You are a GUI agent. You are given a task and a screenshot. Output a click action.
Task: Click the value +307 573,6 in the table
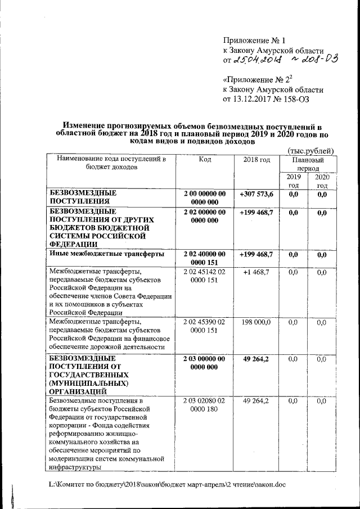pos(256,194)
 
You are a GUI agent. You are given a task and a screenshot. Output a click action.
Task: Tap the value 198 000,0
pos(256,322)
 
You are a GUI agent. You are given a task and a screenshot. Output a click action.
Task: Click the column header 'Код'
pos(205,159)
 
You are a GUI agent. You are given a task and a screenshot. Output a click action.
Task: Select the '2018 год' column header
pos(256,159)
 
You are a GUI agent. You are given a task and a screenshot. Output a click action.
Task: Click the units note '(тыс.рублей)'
pos(310,150)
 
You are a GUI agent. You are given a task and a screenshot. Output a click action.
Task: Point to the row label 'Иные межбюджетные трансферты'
pos(107,254)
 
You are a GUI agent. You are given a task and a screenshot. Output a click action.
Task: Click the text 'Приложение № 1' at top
pos(255,40)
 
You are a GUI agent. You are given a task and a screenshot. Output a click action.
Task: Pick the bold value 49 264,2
pos(256,358)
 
